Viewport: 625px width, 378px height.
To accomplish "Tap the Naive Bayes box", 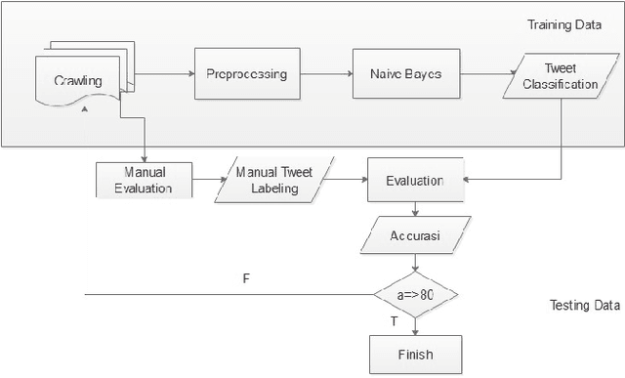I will pyautogui.click(x=403, y=74).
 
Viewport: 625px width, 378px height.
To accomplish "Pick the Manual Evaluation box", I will pyautogui.click(x=144, y=181).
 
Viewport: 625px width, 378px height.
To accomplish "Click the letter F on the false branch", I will pyautogui.click(x=245, y=279).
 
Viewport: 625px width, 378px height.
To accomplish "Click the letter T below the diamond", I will pyautogui.click(x=394, y=320).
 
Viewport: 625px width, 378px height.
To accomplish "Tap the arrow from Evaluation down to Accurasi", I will pyautogui.click(x=417, y=209).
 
